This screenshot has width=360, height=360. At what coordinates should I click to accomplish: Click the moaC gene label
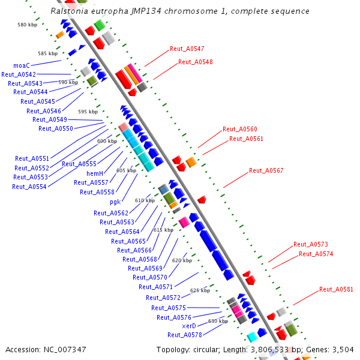22,65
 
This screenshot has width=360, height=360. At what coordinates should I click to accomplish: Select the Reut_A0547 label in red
187,49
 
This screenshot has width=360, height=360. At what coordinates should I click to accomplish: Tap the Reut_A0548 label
195,62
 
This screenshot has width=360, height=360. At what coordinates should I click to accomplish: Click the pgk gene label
115,202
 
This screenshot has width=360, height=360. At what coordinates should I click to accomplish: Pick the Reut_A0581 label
336,289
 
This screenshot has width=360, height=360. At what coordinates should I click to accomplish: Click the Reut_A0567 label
266,171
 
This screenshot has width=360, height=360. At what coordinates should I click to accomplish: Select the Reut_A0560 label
239,129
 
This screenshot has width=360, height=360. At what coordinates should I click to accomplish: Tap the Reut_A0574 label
316,254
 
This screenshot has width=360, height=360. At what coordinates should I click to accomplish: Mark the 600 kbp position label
107,141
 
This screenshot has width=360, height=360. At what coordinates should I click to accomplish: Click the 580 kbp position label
27,25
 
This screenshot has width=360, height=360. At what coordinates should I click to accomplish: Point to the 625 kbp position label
200,290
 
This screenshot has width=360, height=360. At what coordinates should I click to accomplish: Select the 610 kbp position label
145,200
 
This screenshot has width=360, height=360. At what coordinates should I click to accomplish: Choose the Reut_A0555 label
79,164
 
